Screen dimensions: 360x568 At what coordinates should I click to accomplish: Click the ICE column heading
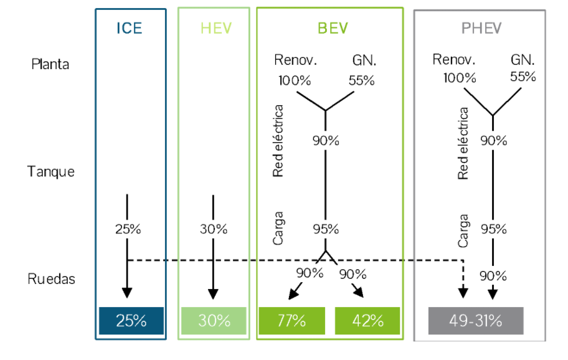tap(130, 29)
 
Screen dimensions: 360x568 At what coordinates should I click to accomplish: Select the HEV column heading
tap(214, 29)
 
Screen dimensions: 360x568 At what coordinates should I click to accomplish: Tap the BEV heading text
tap(333, 29)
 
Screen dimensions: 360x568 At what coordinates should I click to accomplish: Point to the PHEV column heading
tap(481, 29)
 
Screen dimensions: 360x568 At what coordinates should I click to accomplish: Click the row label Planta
tap(50, 64)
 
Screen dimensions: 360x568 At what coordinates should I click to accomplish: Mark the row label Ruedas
tap(52, 278)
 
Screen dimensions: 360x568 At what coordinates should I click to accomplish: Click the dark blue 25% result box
tap(131, 321)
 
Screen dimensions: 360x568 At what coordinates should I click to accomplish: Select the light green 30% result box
tap(214, 321)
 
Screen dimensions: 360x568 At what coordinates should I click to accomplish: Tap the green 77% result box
tap(291, 321)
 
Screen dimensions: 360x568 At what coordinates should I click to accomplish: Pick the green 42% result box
tap(367, 321)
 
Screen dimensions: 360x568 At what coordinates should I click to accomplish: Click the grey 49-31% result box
tap(476, 321)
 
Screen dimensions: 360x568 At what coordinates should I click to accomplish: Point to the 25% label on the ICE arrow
tap(128, 229)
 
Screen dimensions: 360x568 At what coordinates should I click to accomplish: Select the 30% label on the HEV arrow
tap(214, 229)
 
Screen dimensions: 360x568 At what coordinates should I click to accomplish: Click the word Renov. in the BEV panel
tap(296, 61)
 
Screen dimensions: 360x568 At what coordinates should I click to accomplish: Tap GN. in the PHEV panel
tap(523, 60)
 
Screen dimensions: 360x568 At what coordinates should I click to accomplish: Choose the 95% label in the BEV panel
tap(325, 229)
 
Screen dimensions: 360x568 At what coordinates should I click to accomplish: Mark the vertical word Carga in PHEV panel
tap(463, 231)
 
